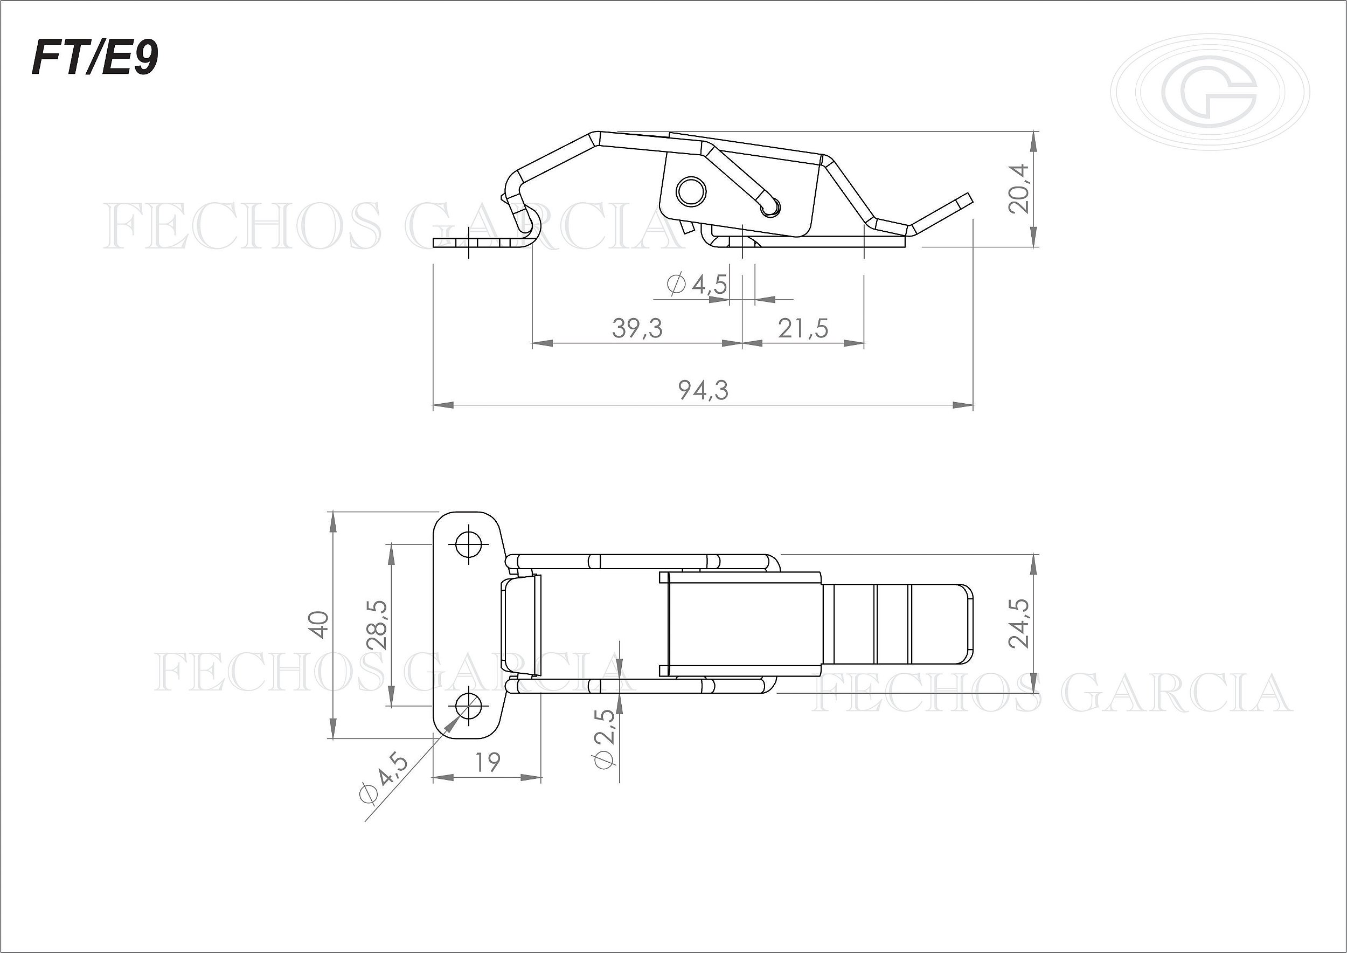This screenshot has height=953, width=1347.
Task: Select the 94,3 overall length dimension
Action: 704,390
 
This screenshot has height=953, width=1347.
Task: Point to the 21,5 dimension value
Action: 803,328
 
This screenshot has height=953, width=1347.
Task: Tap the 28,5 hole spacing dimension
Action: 377,624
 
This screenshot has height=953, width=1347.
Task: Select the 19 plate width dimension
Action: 488,762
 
